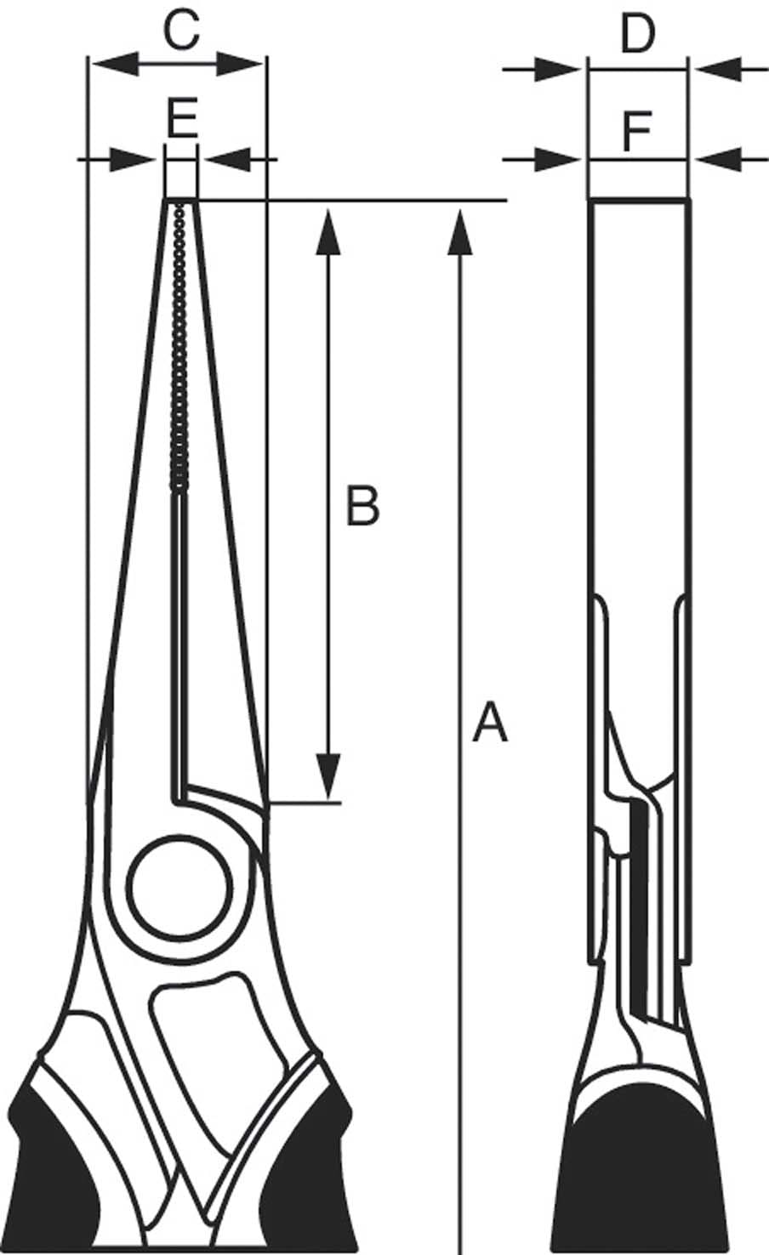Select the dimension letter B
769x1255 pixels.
point(362,505)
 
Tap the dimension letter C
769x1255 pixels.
point(181,31)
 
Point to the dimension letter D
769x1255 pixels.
point(637,34)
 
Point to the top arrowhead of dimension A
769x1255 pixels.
point(459,230)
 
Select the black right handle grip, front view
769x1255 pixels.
point(310,1173)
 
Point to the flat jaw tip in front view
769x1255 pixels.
point(180,201)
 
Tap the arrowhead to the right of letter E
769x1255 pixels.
point(225,157)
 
